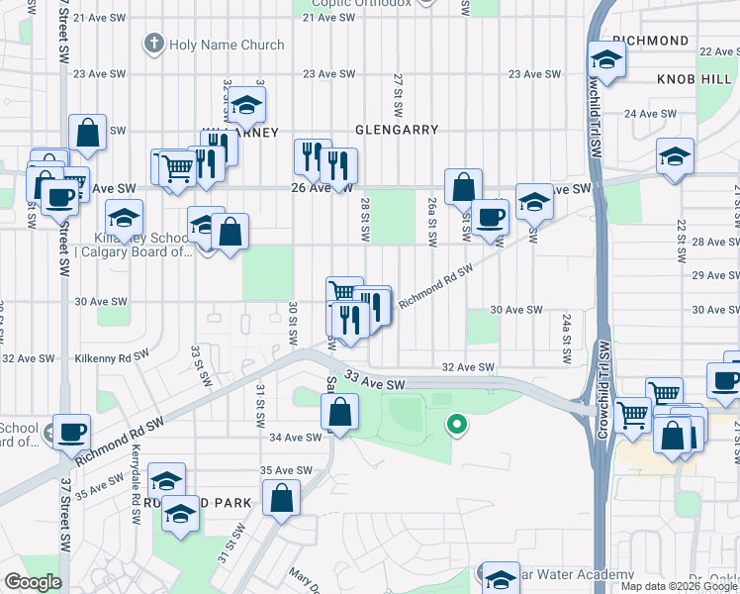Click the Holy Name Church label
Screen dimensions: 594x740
coord(227,45)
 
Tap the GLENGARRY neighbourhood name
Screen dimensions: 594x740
coord(396,130)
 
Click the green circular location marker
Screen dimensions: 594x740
coord(456,426)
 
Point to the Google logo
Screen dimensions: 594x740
coord(33,582)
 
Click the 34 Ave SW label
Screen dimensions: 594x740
coord(290,437)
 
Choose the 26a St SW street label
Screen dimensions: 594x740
coord(431,222)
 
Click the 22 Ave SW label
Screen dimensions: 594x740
coord(719,50)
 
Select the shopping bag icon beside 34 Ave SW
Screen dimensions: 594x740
coord(339,413)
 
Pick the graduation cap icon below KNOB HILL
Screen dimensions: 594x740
coord(676,156)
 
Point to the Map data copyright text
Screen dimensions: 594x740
coord(679,586)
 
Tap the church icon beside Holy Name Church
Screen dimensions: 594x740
coord(153,44)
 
